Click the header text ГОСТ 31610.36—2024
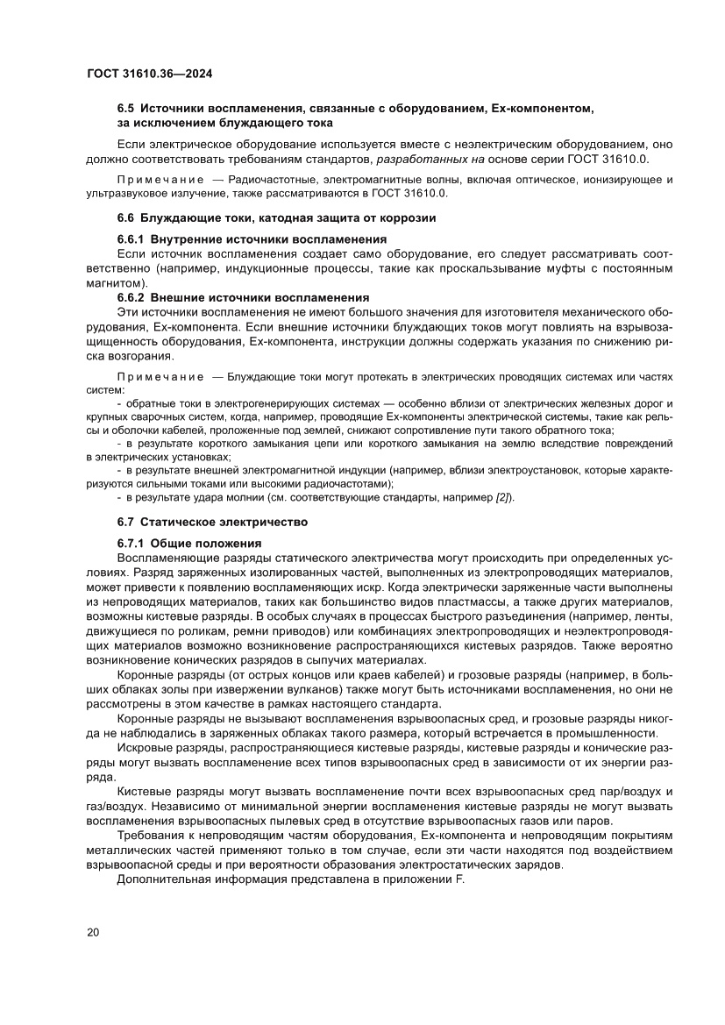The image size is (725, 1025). [150, 74]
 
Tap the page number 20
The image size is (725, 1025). [93, 932]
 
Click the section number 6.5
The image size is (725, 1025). [127, 109]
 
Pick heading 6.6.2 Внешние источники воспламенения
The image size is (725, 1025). [243, 297]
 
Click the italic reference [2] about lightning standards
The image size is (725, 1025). [503, 497]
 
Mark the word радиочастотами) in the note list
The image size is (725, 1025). [348, 483]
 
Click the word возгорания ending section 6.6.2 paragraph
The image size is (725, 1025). [136, 356]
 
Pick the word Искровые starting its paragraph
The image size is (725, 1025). [143, 749]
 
